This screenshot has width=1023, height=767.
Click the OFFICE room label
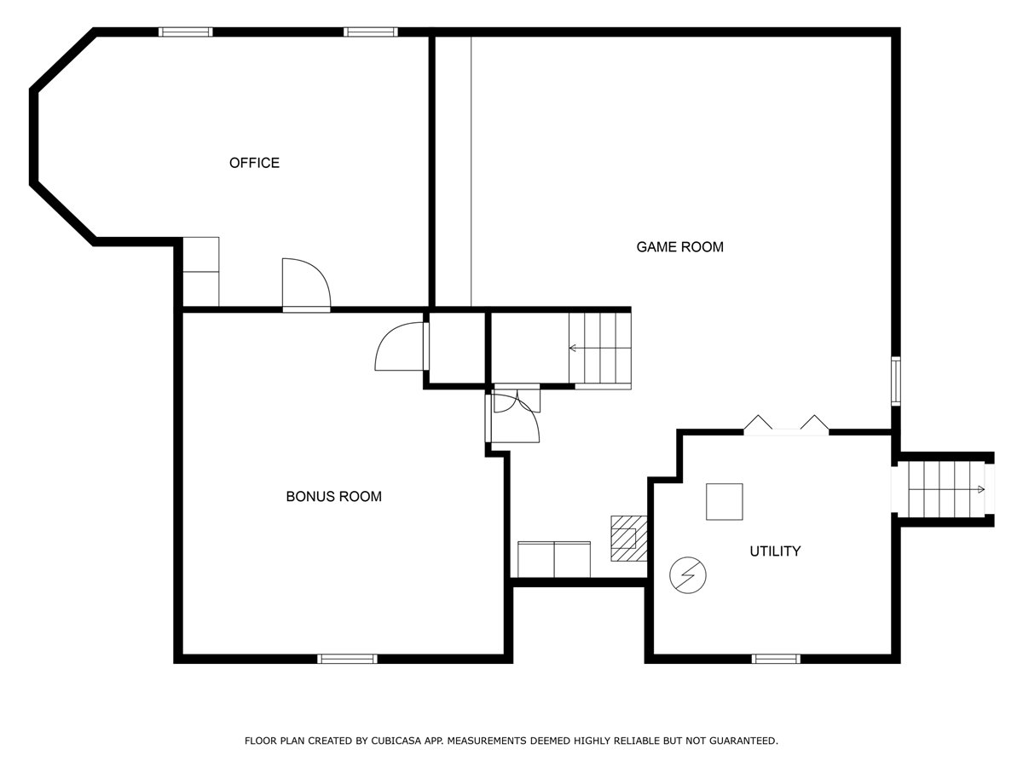[254, 163]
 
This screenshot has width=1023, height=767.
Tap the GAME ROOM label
[680, 247]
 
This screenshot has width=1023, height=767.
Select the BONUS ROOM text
[333, 497]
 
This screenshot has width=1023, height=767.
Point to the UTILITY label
[775, 551]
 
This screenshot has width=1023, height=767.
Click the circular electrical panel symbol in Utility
[688, 575]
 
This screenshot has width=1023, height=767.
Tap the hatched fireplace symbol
[629, 539]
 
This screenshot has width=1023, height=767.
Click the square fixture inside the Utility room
[725, 502]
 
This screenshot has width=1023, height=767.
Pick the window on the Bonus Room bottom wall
[347, 659]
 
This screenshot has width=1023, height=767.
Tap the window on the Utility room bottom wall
[776, 659]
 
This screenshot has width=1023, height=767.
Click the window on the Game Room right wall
[896, 381]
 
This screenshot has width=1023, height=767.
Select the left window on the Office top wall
[186, 32]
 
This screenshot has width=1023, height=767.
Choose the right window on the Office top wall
[371, 32]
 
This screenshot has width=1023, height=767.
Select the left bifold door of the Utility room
[758, 422]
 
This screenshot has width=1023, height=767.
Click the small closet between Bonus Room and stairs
[457, 348]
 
